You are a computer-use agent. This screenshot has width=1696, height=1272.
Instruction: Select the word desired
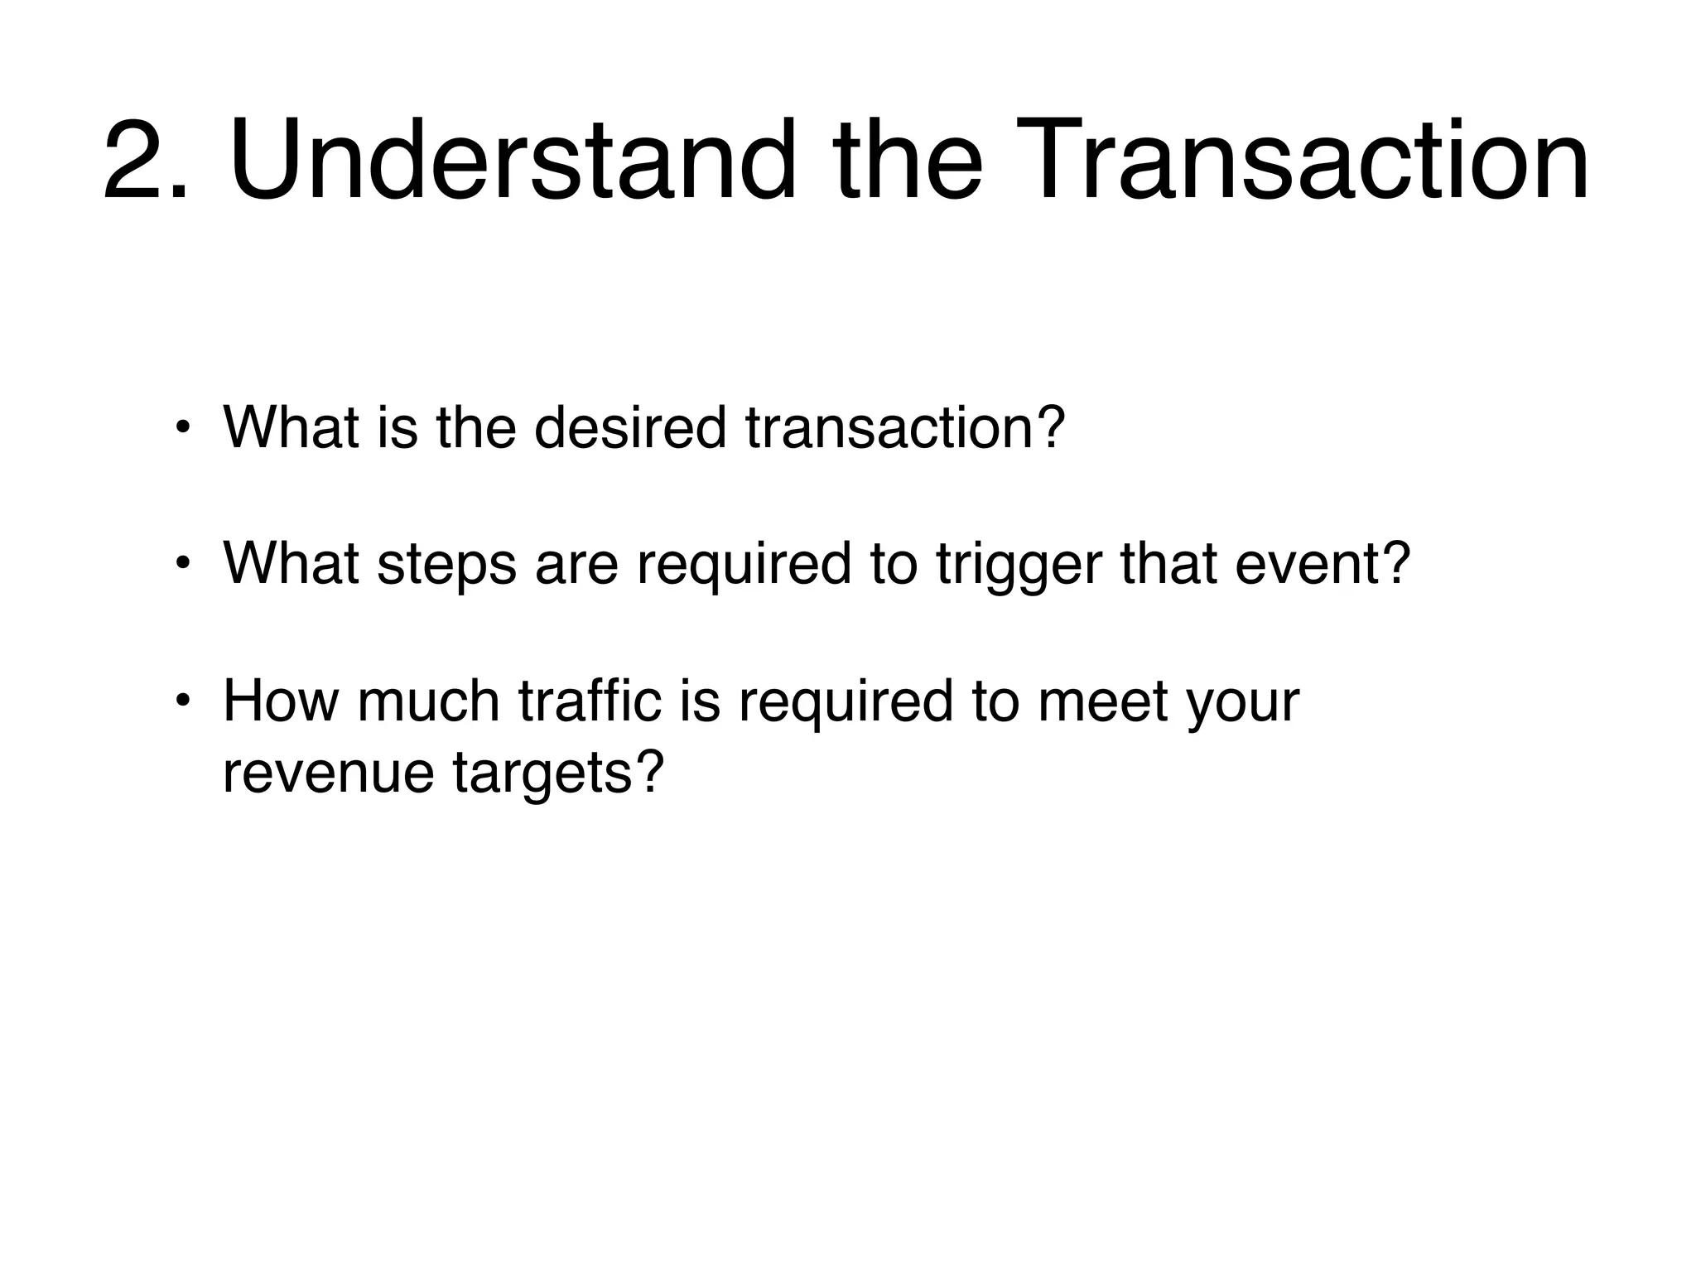pos(630,428)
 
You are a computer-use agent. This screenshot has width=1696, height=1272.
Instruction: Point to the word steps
pos(446,565)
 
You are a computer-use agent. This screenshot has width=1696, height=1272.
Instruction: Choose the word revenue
pos(329,772)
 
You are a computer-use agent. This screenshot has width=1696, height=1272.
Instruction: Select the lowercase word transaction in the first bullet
pos(904,428)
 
